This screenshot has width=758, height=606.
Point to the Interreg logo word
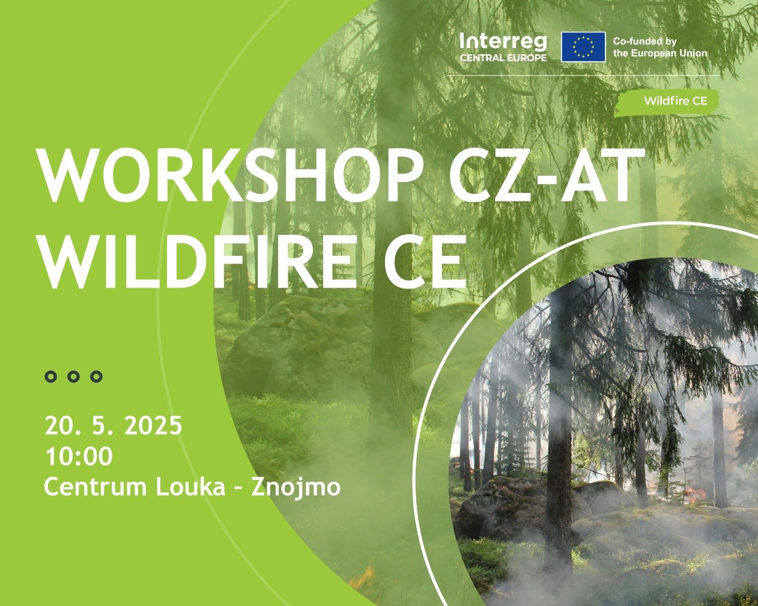click(x=503, y=43)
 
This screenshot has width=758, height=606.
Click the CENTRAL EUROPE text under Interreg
click(x=503, y=58)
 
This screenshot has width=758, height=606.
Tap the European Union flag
click(x=583, y=47)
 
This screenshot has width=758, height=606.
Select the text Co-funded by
click(x=644, y=41)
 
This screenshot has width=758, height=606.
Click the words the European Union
click(x=660, y=53)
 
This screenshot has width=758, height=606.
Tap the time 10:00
click(x=79, y=456)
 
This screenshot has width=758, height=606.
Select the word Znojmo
click(x=296, y=488)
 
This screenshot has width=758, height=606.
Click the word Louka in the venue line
click(x=190, y=487)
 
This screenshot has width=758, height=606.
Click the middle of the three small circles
click(x=73, y=377)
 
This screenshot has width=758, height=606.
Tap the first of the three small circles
click(x=51, y=377)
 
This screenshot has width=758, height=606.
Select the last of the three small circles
click(x=96, y=377)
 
